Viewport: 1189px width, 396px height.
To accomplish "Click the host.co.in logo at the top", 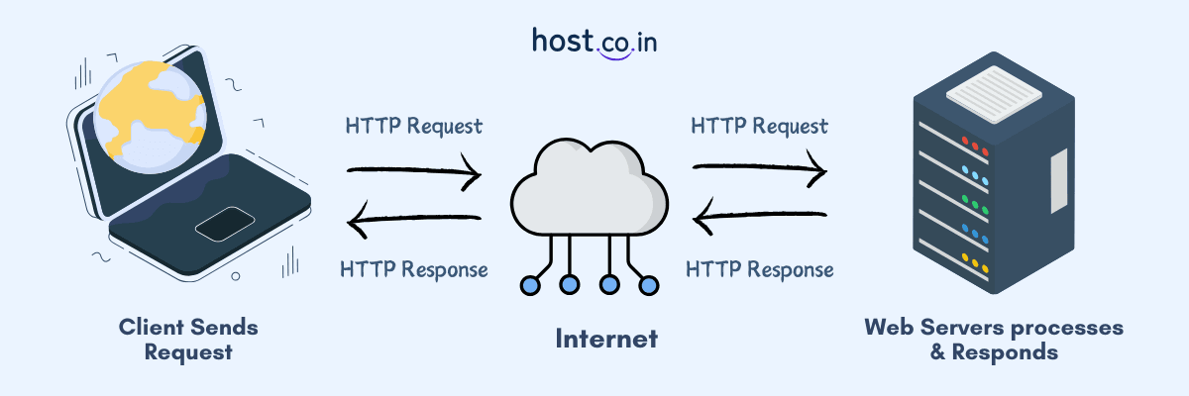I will click(594, 44).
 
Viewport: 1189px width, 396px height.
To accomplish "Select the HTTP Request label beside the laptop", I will click(414, 127).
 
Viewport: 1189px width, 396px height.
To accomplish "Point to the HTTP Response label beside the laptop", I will click(414, 269).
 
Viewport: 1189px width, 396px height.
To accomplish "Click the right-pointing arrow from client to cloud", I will click(414, 175).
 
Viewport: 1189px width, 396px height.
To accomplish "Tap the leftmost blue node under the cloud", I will click(530, 286).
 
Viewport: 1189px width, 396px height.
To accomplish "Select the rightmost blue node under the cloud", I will click(649, 286).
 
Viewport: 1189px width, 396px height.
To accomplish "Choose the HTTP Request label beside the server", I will click(759, 127).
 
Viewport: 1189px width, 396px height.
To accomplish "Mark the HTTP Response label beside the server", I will click(759, 269).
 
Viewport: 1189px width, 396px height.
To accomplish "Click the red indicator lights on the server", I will click(976, 150).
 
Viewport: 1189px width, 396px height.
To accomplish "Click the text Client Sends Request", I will click(188, 339).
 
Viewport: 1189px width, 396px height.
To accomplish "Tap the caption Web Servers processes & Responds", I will click(994, 339).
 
